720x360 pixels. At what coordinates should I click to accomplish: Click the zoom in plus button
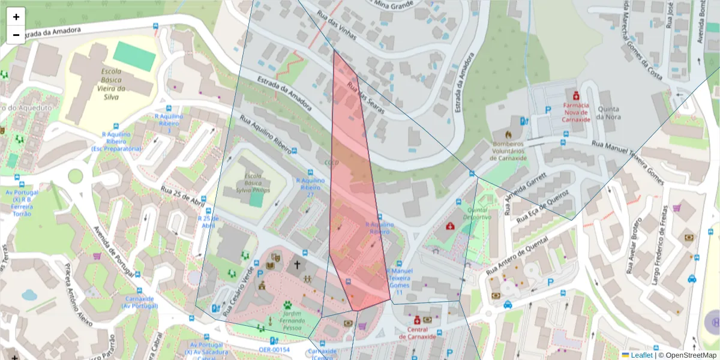point(16,17)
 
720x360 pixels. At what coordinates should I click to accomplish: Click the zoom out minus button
point(16,35)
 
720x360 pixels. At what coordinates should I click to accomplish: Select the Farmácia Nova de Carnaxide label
point(575,112)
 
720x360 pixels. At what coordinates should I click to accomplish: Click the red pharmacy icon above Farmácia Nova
point(576,95)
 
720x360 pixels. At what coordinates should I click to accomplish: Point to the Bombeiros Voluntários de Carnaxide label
point(508,151)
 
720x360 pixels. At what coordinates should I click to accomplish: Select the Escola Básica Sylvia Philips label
point(253,183)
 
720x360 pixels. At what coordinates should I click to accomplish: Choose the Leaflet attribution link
point(641,355)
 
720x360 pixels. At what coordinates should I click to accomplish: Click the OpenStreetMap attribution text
point(687,355)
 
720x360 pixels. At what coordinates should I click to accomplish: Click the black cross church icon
point(296,264)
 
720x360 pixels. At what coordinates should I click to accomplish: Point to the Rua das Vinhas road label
point(337,27)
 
